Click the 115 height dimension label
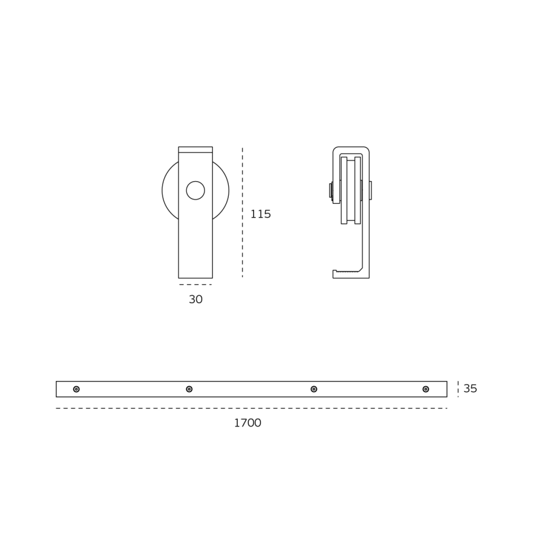260,214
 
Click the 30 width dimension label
196,299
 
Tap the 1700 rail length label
247,423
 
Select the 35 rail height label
470,389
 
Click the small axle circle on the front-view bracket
195,190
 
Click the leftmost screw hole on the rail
76,389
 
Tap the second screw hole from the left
189,389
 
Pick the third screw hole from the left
314,389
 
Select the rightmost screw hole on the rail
426,389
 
